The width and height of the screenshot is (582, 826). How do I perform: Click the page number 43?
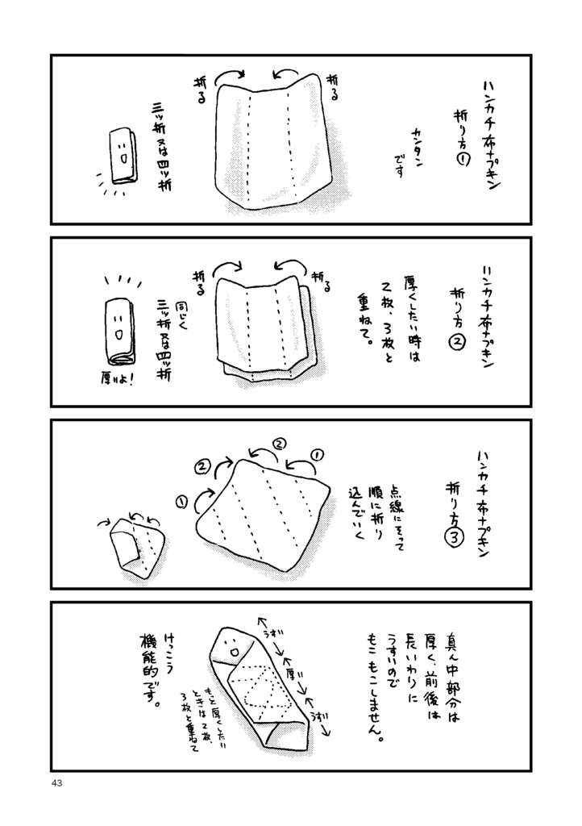[56, 783]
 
